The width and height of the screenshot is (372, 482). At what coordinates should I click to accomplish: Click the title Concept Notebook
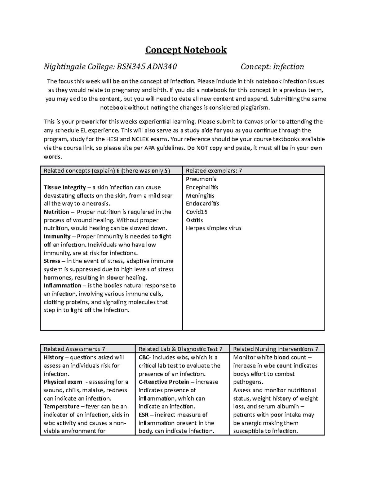[186, 50]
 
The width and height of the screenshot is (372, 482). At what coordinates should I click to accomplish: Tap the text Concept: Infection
[272, 67]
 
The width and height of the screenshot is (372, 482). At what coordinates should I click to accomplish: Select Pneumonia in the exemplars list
[201, 179]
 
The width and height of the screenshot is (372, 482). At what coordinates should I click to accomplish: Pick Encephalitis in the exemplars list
[202, 187]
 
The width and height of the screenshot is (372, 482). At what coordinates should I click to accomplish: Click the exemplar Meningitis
[200, 196]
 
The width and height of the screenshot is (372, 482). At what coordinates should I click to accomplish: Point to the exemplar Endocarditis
[202, 204]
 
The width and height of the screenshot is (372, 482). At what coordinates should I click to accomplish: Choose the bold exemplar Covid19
[197, 212]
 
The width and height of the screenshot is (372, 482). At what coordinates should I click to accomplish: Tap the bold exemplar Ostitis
[194, 220]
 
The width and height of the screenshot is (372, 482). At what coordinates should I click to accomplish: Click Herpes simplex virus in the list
[214, 228]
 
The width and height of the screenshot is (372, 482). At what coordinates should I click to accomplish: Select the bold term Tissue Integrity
[65, 187]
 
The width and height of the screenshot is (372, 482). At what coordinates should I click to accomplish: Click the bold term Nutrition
[56, 212]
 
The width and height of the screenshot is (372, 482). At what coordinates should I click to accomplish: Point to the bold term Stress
[51, 261]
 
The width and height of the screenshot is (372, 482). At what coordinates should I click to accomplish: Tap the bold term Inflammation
[62, 286]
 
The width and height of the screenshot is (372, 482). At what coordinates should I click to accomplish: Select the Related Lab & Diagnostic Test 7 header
[180, 349]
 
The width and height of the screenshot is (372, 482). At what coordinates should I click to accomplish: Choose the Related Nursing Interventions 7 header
[276, 349]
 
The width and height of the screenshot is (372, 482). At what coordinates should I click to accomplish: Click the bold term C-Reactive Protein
[164, 382]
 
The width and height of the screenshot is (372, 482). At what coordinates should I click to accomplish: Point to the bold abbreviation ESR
[144, 415]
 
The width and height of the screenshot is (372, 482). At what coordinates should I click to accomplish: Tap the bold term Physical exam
[63, 382]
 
